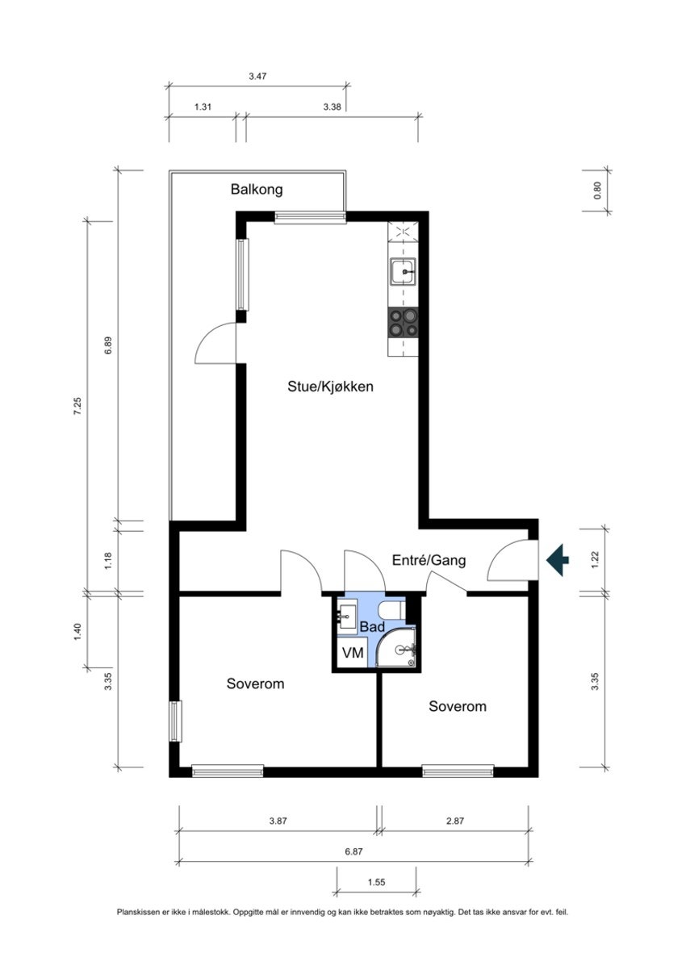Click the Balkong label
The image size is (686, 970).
(257, 190)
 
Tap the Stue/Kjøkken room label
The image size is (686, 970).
(330, 387)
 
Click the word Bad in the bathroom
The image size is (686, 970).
(371, 627)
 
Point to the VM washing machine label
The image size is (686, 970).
(353, 653)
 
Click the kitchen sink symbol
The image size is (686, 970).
(403, 274)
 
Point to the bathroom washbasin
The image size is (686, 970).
(347, 616)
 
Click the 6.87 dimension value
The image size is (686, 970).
(353, 851)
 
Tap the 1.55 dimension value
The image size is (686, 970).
(375, 882)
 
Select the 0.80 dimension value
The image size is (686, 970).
(597, 191)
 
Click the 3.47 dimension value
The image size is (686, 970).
(257, 76)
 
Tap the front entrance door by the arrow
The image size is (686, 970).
(510, 559)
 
